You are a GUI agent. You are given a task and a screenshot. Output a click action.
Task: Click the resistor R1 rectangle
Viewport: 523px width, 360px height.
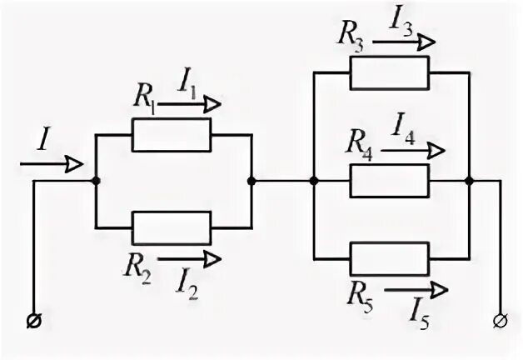click(172, 134)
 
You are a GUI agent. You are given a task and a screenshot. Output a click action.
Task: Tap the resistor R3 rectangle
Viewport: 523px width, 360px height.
click(389, 73)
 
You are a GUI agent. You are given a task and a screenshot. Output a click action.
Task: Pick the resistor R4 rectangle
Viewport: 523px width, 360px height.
click(389, 180)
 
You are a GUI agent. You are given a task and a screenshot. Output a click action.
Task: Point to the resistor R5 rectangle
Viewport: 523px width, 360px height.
click(389, 257)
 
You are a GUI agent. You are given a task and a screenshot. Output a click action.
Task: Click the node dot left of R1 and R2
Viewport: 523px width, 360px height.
click(97, 180)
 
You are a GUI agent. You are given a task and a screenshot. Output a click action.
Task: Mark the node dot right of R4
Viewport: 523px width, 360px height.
click(469, 180)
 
